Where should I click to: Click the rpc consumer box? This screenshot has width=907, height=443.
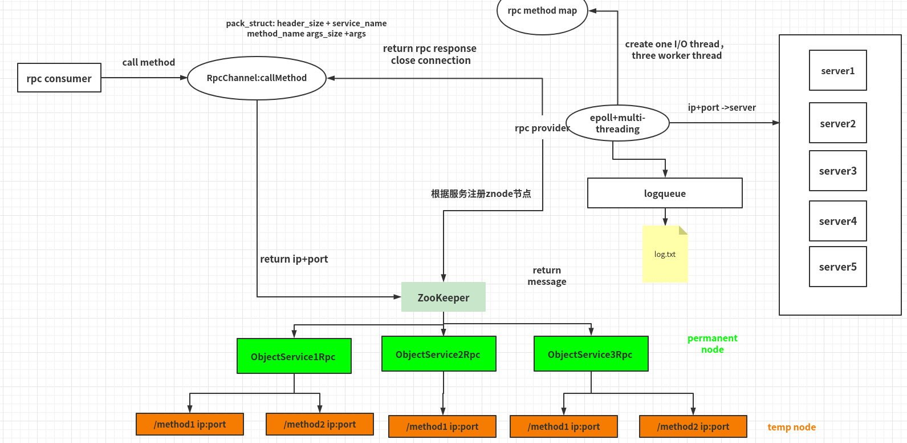59,78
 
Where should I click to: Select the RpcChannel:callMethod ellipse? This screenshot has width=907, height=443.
257,78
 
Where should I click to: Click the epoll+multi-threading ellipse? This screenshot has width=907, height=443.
617,123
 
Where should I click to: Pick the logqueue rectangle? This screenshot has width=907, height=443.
665,193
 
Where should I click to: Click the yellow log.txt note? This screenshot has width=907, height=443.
665,255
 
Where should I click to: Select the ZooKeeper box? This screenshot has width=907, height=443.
444,297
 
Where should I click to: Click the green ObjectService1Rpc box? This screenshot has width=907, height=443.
294,356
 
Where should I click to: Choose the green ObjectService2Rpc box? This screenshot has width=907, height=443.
438,354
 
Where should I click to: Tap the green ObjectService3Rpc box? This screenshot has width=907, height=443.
591,354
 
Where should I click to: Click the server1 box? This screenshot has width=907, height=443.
837,71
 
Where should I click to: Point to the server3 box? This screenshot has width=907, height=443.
837,171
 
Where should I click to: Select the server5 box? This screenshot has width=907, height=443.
837,267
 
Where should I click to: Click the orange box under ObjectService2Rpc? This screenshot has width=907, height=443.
442,426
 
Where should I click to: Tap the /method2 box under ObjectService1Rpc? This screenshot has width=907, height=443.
320,424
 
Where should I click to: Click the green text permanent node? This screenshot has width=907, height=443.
713,344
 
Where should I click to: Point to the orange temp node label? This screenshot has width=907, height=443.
791,427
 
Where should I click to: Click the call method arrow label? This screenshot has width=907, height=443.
149,62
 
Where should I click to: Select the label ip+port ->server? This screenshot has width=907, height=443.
722,107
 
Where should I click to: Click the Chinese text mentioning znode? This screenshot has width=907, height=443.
481,194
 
